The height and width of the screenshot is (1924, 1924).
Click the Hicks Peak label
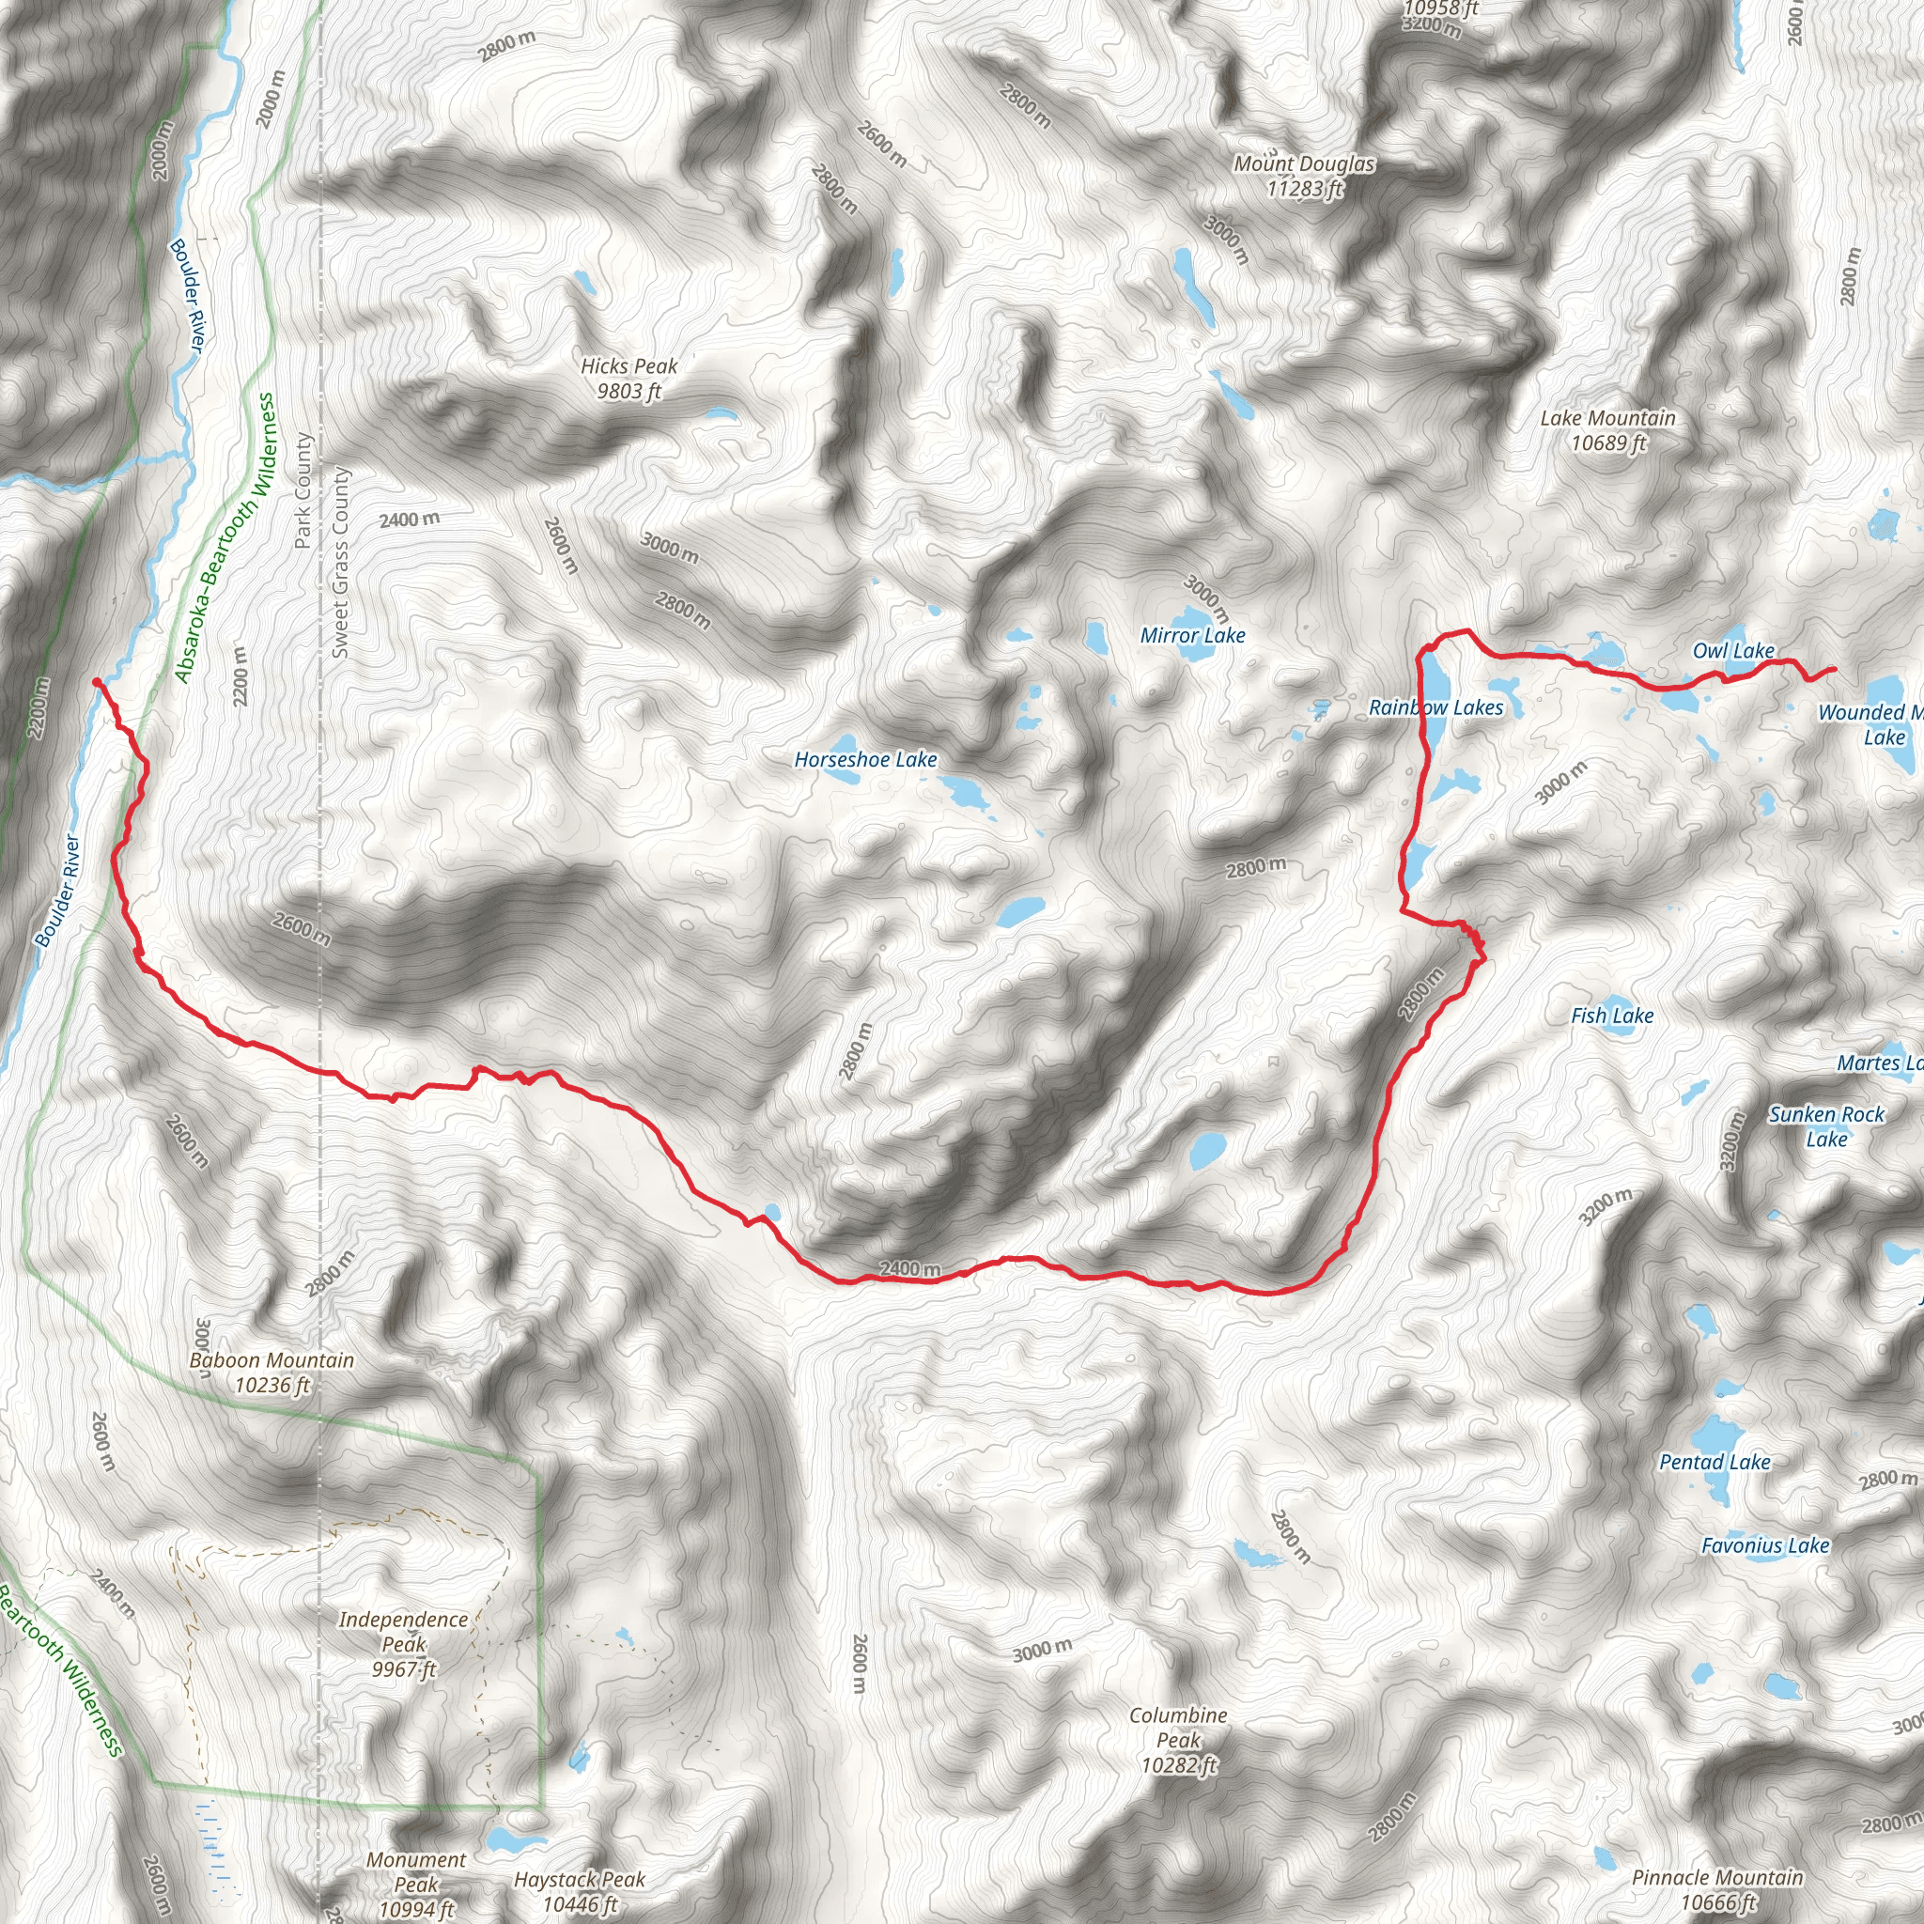[628, 379]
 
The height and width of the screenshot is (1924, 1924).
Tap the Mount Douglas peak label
[1304, 176]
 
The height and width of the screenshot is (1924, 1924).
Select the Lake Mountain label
[1607, 430]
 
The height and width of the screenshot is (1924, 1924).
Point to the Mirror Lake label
[1192, 635]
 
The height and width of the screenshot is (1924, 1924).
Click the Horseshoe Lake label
[865, 760]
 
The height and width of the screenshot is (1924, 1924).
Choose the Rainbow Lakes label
[1435, 707]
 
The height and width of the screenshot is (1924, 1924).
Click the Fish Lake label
[1611, 1016]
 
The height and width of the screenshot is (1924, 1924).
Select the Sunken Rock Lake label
[1825, 1126]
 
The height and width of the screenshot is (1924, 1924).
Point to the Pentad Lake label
[1714, 1462]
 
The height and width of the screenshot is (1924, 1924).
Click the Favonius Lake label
[1764, 1545]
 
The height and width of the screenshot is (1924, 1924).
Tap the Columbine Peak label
[1178, 1740]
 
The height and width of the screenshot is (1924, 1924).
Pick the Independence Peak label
[403, 1644]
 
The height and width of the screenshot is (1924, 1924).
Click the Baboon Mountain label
[272, 1373]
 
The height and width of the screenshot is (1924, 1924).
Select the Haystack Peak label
[580, 1891]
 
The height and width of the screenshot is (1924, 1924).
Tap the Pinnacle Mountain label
[1717, 1889]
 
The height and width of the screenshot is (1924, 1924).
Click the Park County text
[303, 491]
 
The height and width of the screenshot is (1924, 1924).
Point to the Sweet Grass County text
[341, 562]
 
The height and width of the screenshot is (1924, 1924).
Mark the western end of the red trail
[96, 681]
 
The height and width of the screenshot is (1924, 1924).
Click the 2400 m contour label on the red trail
[909, 1270]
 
